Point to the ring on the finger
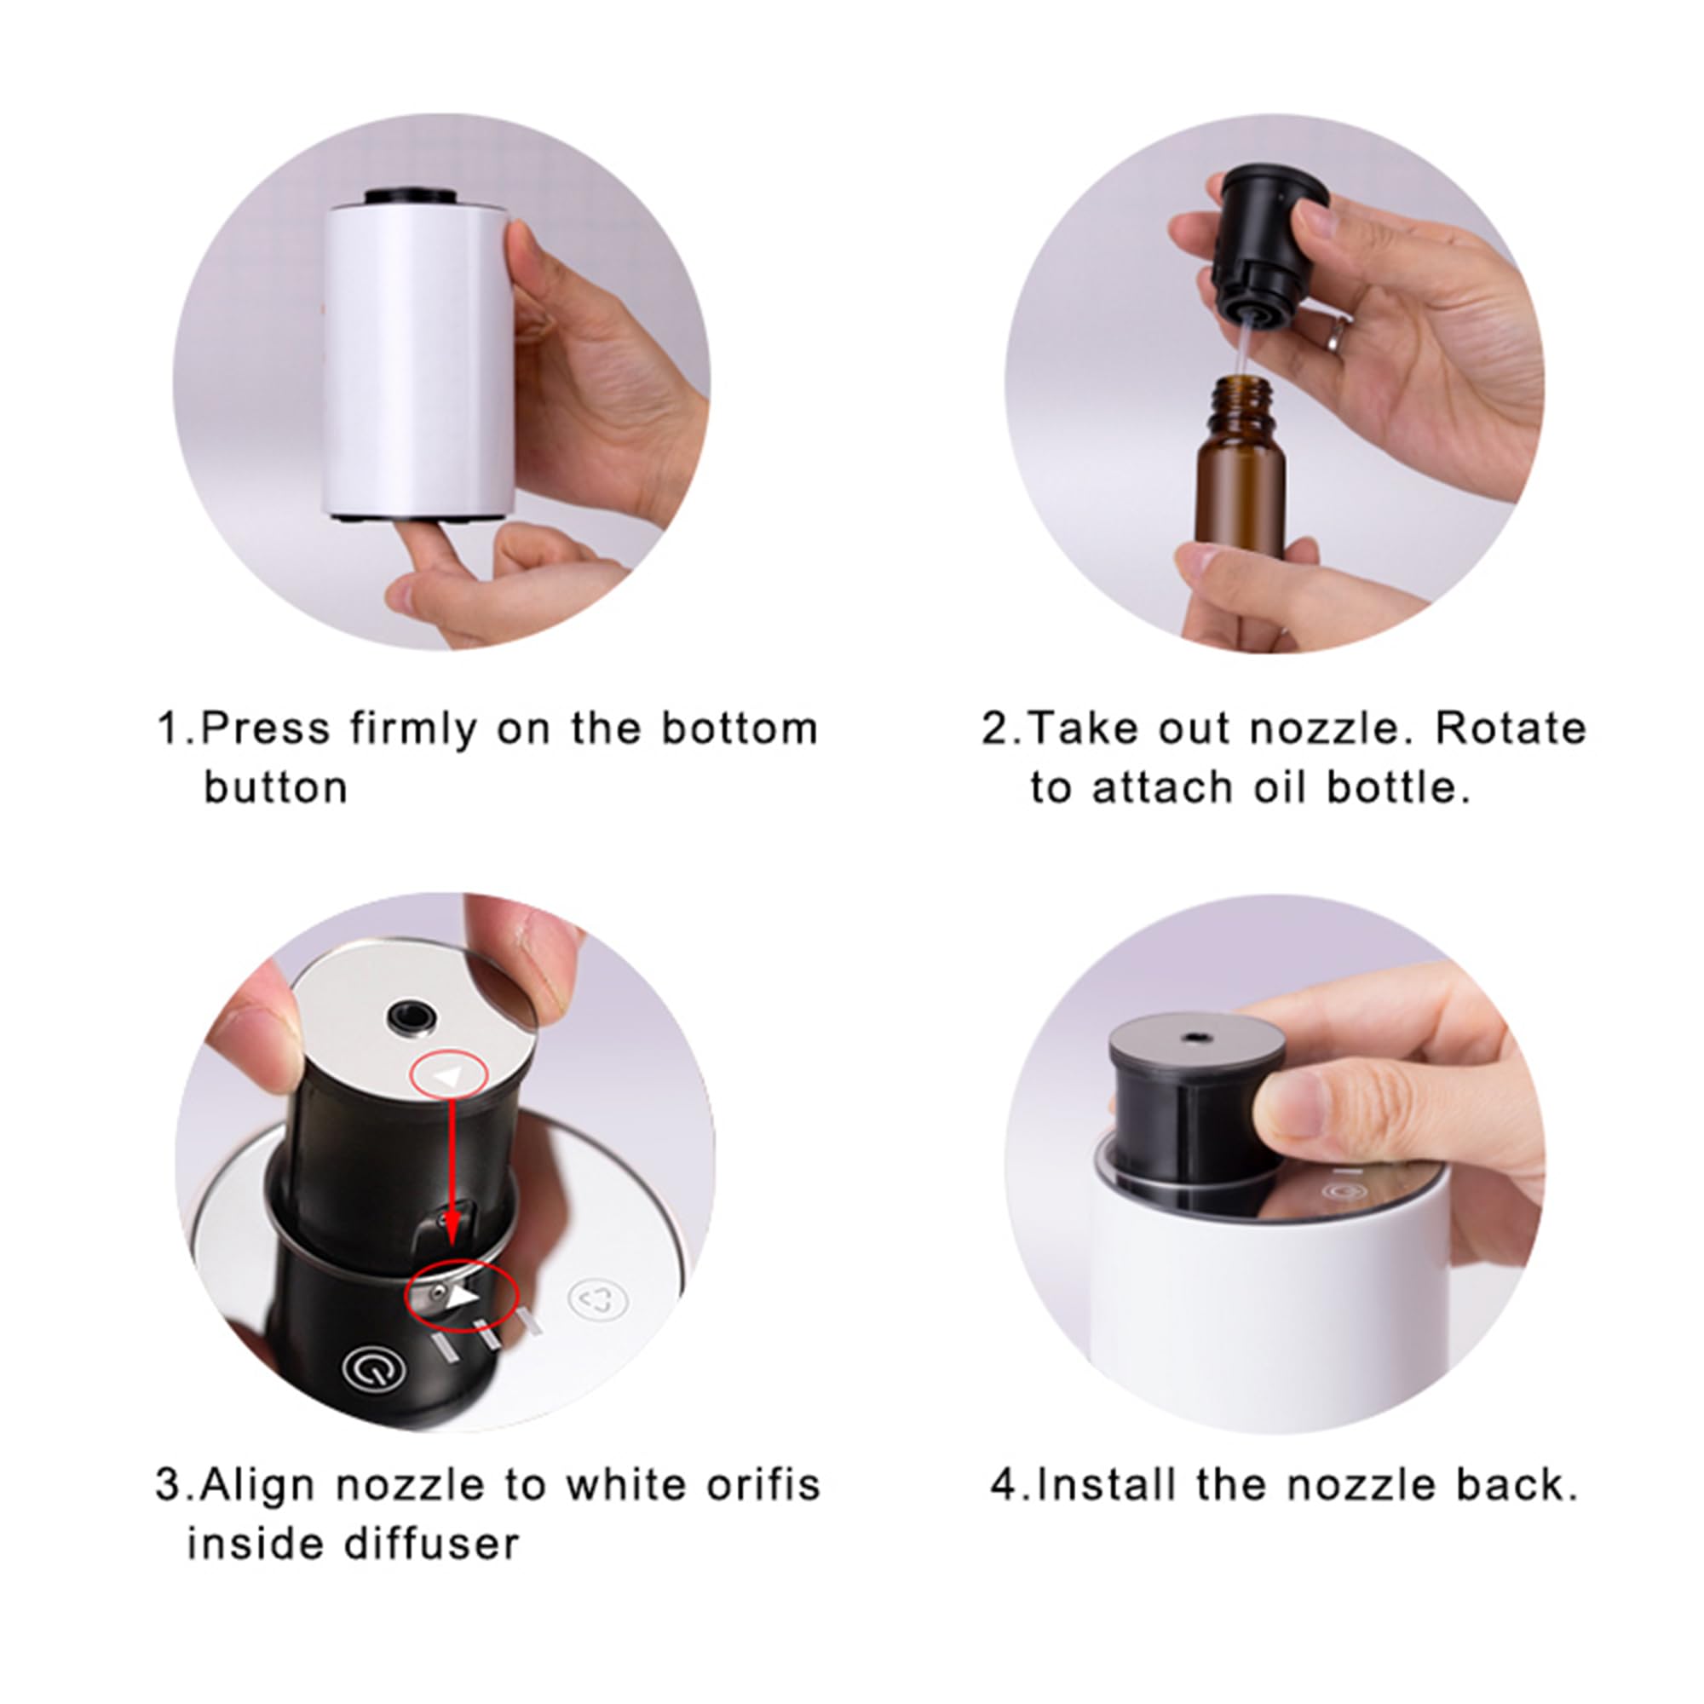pyautogui.click(x=1339, y=334)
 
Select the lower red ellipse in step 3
pyautogui.click(x=460, y=1295)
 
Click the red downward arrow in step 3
pyautogui.click(x=452, y=1173)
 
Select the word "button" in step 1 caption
pyautogui.click(x=276, y=788)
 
